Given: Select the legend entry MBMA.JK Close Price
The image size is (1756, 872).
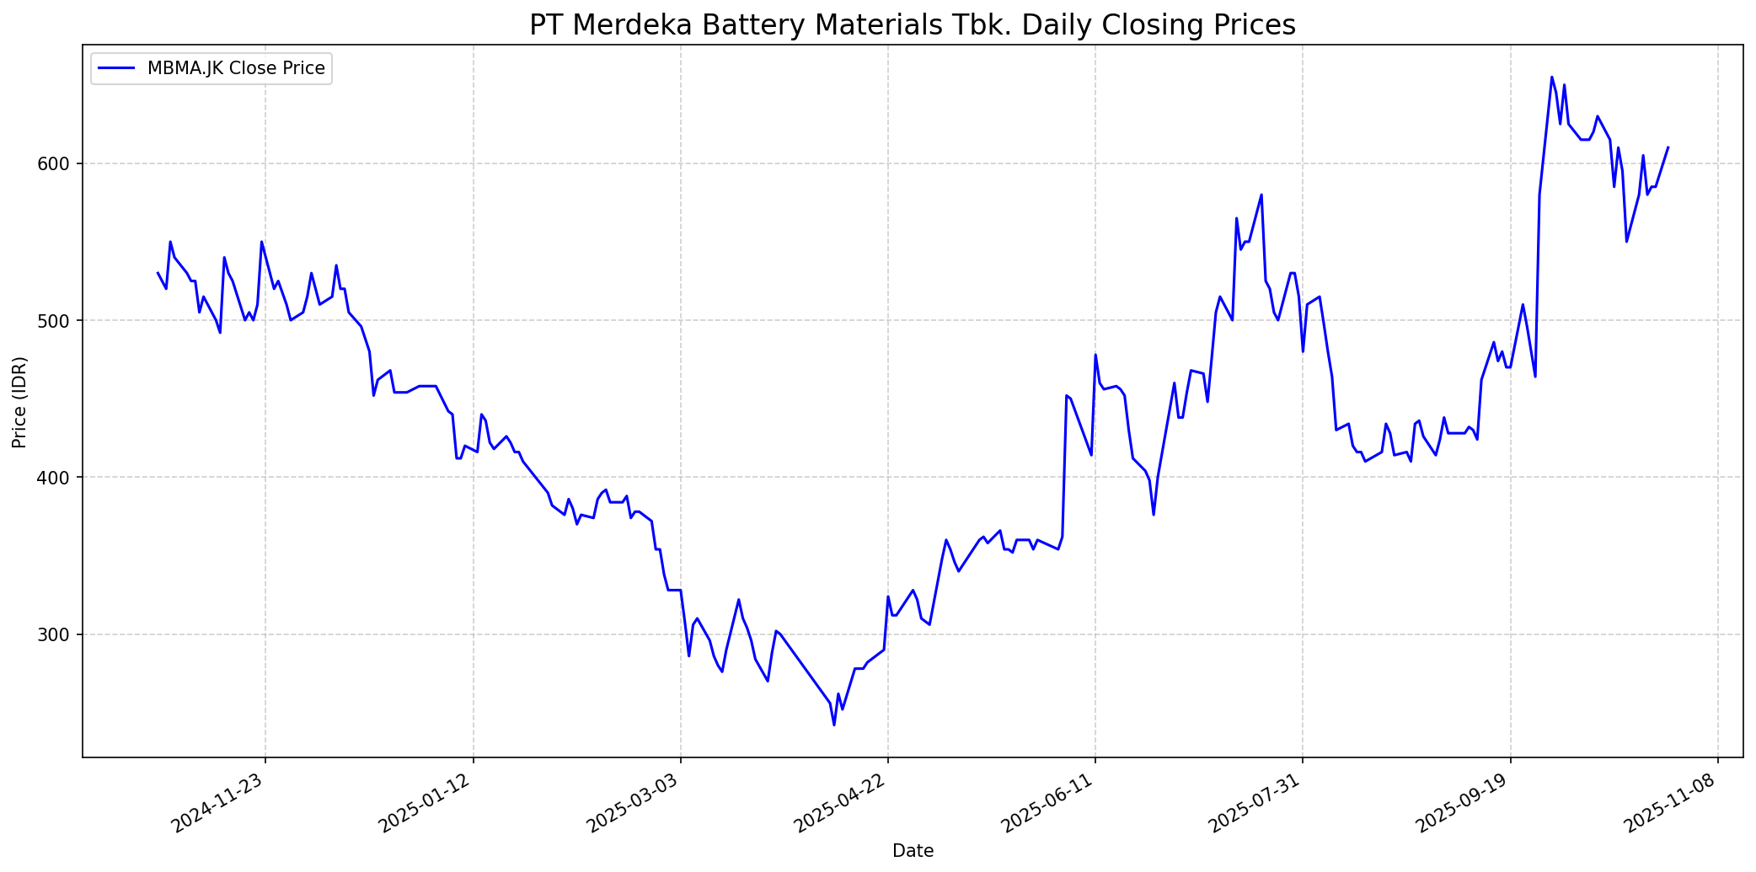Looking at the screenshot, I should pyautogui.click(x=236, y=68).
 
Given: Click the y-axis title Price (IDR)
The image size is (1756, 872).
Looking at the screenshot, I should pyautogui.click(x=19, y=402).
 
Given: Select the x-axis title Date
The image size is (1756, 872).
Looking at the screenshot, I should pyautogui.click(x=913, y=852).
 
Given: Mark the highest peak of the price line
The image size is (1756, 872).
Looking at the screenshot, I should pyautogui.click(x=1551, y=78).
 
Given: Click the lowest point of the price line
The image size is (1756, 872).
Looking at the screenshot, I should pyautogui.click(x=834, y=725).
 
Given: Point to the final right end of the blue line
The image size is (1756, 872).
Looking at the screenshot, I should pyautogui.click(x=1668, y=147).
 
